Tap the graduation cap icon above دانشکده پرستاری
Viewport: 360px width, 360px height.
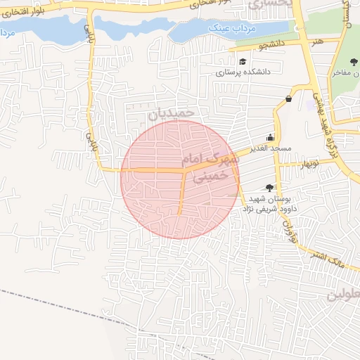(243, 61)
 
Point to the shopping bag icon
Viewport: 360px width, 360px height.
(289, 99)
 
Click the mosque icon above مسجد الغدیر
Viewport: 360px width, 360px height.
(270, 137)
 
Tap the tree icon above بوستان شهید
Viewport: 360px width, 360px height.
(269, 188)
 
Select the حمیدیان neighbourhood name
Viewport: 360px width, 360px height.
(169, 112)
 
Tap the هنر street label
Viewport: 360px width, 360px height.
(320, 41)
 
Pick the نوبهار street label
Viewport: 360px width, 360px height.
(309, 163)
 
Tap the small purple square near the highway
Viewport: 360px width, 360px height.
(310, 104)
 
